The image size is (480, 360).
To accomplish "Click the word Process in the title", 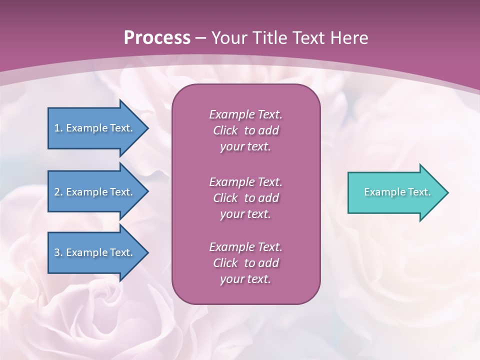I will (x=157, y=38).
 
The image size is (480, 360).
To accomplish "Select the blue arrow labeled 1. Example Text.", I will (x=95, y=128).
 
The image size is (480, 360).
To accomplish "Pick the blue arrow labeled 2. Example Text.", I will (x=95, y=192).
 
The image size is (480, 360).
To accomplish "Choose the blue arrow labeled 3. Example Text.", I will (x=95, y=252).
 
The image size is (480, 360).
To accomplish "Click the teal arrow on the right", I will (x=395, y=192).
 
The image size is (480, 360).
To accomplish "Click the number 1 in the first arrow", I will (x=57, y=128).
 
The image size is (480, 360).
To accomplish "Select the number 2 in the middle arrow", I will (x=57, y=192).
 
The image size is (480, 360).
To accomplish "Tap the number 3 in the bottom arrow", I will (x=57, y=252).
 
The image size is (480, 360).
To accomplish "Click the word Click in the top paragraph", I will (x=225, y=131).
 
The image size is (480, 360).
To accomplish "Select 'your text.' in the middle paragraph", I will (x=245, y=214).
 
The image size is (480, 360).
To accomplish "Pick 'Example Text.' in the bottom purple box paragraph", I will (x=245, y=247).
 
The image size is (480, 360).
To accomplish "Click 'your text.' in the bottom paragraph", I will (x=245, y=279).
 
